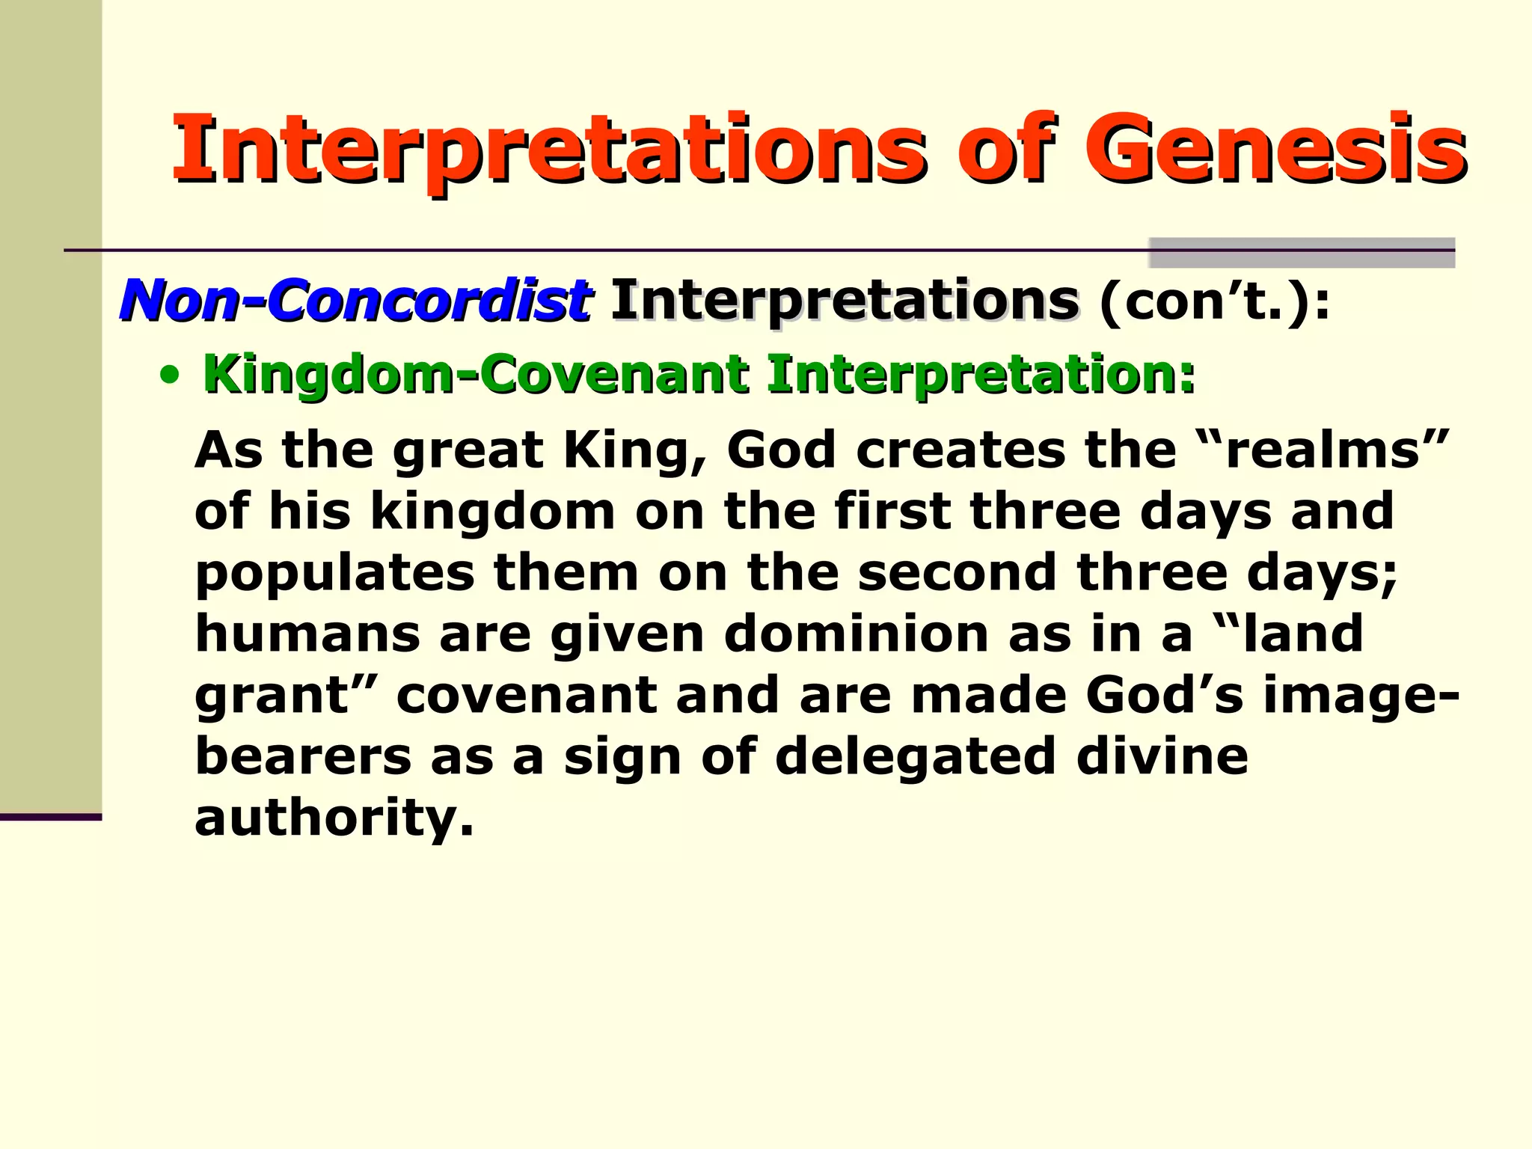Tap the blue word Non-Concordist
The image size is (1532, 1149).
(356, 301)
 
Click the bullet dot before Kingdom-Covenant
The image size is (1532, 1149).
(171, 376)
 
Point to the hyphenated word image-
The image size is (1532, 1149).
(1361, 696)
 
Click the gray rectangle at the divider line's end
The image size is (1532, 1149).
(1301, 253)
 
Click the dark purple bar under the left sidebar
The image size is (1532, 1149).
(50, 817)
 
